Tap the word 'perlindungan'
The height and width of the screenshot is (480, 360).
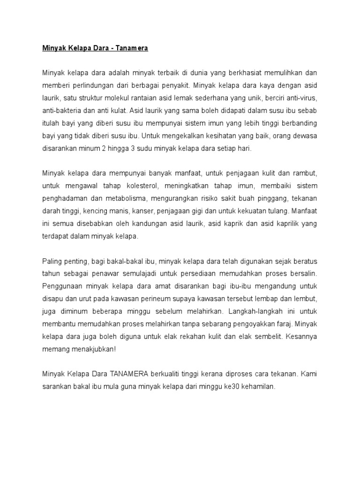point(89,87)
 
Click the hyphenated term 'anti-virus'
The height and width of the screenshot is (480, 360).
point(301,99)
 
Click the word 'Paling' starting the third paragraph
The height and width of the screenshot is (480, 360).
point(52,261)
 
